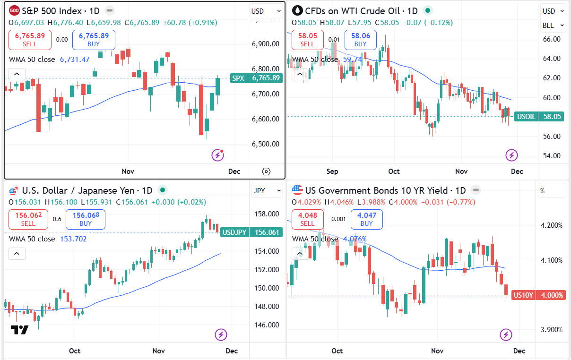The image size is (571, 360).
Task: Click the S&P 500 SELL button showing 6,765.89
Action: (30, 40)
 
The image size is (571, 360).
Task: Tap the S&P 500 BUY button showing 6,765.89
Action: (94, 40)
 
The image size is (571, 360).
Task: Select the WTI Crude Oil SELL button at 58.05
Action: (307, 40)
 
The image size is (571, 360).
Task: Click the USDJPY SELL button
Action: (28, 219)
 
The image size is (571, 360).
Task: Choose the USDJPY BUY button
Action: (86, 219)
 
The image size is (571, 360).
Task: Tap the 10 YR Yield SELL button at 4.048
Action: (307, 219)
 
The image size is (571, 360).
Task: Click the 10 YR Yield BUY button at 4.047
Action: (367, 219)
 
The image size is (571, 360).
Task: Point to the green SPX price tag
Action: (257, 78)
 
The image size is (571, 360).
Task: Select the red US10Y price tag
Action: (538, 295)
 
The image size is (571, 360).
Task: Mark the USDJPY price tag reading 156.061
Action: (251, 232)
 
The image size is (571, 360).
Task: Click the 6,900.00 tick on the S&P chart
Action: (266, 44)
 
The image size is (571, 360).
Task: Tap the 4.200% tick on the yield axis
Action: (552, 225)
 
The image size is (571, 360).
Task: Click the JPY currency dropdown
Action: (261, 190)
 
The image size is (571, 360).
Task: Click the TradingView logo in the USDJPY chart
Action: (20, 330)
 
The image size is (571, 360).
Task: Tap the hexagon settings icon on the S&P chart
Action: (266, 171)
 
